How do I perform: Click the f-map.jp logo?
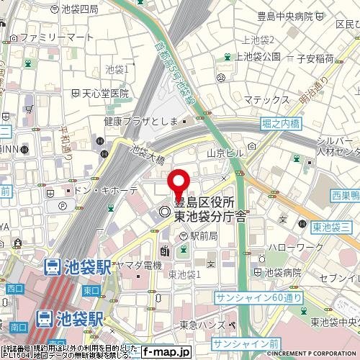[166, 351]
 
